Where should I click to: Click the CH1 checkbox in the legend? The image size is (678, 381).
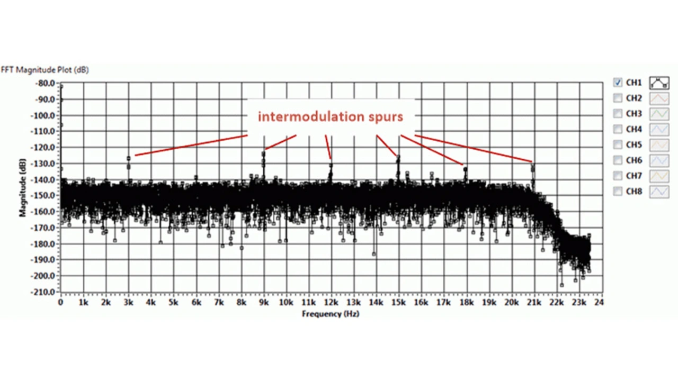pyautogui.click(x=618, y=83)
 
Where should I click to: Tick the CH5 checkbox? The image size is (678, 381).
pyautogui.click(x=618, y=144)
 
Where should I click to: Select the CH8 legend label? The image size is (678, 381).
pyautogui.click(x=634, y=192)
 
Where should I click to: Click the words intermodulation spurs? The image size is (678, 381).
pyautogui.click(x=331, y=116)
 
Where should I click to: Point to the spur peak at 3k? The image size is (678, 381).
pyautogui.click(x=129, y=158)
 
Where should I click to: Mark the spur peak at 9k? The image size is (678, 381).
pyautogui.click(x=263, y=153)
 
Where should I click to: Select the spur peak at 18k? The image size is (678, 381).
pyautogui.click(x=465, y=169)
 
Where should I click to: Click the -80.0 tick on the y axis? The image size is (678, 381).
pyautogui.click(x=44, y=83)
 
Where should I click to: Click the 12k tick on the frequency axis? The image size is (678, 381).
pyautogui.click(x=331, y=303)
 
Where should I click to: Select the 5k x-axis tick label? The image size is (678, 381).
pyautogui.click(x=173, y=303)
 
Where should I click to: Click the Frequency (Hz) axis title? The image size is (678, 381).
pyautogui.click(x=331, y=314)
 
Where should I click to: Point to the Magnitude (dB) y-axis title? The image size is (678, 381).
pyautogui.click(x=23, y=188)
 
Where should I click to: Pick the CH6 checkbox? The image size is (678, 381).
pyautogui.click(x=618, y=160)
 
